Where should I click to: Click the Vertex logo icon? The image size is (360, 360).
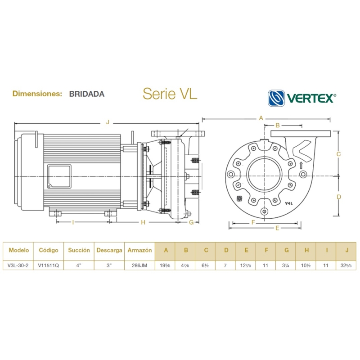click(x=277, y=98)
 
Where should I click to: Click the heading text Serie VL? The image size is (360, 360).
click(x=170, y=94)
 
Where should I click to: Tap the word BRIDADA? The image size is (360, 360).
click(x=87, y=94)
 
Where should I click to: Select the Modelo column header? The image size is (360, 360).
click(x=18, y=250)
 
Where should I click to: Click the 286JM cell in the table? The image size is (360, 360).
click(x=139, y=265)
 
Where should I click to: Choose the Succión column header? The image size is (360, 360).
click(x=79, y=250)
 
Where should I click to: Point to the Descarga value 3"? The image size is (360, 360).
click(x=109, y=265)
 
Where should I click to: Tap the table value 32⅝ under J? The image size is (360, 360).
click(x=346, y=265)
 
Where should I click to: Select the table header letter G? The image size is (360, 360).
click(x=286, y=250)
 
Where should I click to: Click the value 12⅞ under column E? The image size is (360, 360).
click(x=246, y=265)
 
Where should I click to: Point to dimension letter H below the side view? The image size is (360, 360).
click(x=143, y=222)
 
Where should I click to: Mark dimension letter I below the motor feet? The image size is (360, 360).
click(x=73, y=222)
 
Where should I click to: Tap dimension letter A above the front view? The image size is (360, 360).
click(x=261, y=118)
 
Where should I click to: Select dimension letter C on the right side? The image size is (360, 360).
click(x=339, y=153)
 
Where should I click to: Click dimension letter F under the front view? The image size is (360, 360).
click(x=253, y=222)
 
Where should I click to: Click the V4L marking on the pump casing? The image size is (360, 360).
click(x=289, y=203)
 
